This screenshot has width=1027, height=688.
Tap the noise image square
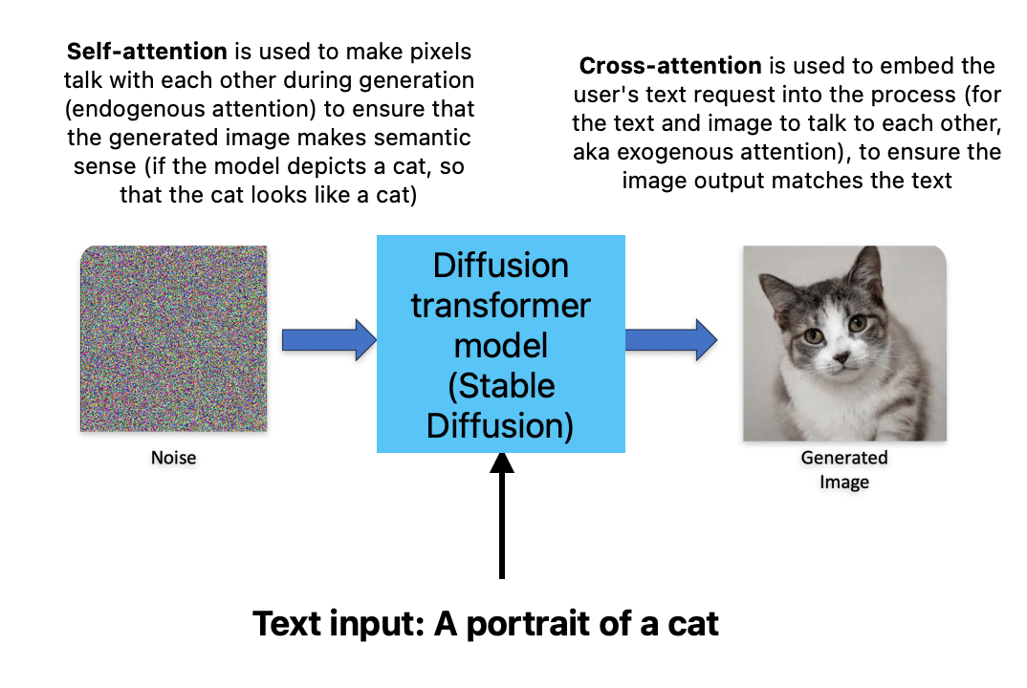(173, 339)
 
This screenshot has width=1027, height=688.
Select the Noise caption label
(173, 458)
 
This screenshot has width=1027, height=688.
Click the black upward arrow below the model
(501, 516)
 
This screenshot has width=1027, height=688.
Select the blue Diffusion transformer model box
(501, 344)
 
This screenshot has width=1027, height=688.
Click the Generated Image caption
(844, 469)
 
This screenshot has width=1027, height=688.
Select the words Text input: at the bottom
(339, 624)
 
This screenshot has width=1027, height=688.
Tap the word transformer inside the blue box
(501, 307)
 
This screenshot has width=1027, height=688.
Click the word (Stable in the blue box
(501, 385)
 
